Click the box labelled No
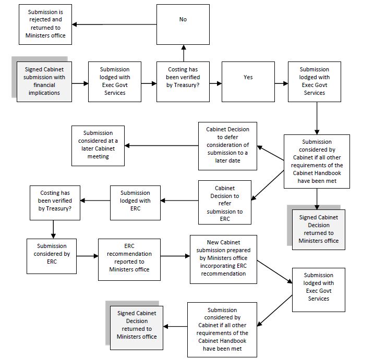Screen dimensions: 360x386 pyautogui.click(x=183, y=23)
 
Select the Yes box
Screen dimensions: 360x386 pyautogui.click(x=248, y=81)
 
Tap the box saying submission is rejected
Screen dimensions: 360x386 pyautogui.click(x=46, y=24)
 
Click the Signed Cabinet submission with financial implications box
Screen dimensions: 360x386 pyautogui.click(x=44, y=81)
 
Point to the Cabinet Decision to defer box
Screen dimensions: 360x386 pyautogui.click(x=227, y=145)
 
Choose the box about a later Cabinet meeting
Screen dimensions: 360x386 pyautogui.click(x=98, y=145)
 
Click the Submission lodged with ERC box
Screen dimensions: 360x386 pyautogui.click(x=135, y=201)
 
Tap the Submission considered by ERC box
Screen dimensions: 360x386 pyautogui.click(x=52, y=256)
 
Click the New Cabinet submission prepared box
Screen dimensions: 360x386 pyautogui.click(x=223, y=259)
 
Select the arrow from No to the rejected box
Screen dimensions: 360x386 pyautogui.click(x=114, y=24)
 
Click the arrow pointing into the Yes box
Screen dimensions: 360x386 pyautogui.click(x=215, y=82)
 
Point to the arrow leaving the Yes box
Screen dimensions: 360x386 pyautogui.click(x=282, y=82)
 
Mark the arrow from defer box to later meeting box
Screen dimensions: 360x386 pyautogui.click(x=161, y=145)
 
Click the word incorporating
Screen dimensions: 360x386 pyautogui.click(x=215, y=266)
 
